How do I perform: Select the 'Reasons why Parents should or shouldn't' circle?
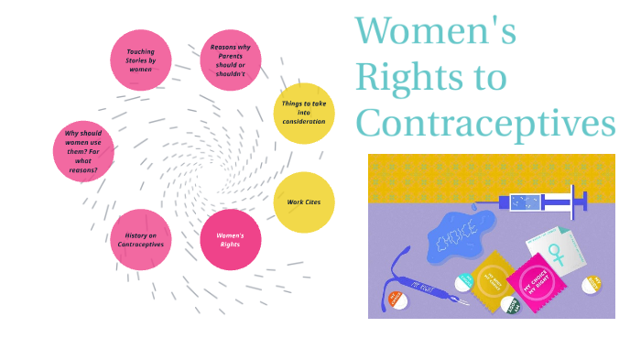pyautogui.click(x=230, y=60)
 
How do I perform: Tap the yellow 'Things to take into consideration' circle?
pyautogui.click(x=304, y=114)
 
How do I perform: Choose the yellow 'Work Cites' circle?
pyautogui.click(x=304, y=202)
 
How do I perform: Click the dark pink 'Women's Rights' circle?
pyautogui.click(x=230, y=240)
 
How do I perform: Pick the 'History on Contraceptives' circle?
pyautogui.click(x=141, y=240)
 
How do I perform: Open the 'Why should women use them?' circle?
pyautogui.click(x=84, y=151)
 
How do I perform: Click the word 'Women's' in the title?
pyautogui.click(x=436, y=31)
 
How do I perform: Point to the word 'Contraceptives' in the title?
pyautogui.click(x=485, y=123)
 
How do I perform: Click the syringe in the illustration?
pyautogui.click(x=536, y=202)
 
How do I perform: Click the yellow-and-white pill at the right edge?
pyautogui.click(x=592, y=284)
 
